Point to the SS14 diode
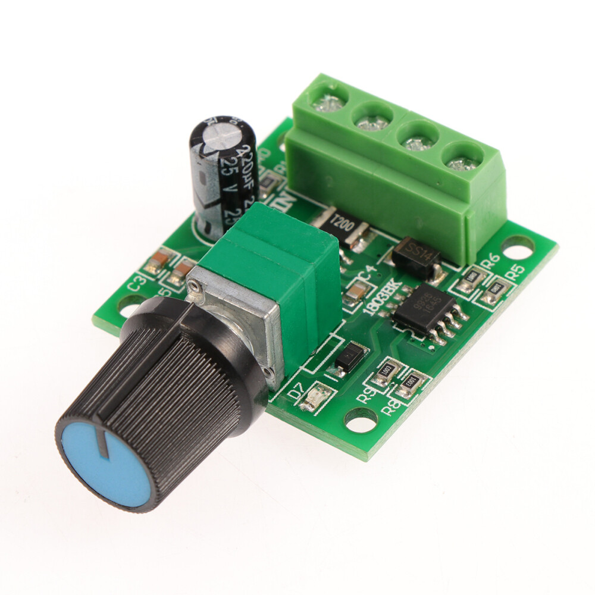(x=416, y=256)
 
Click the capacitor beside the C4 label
(x=358, y=292)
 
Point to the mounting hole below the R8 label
(x=361, y=421)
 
